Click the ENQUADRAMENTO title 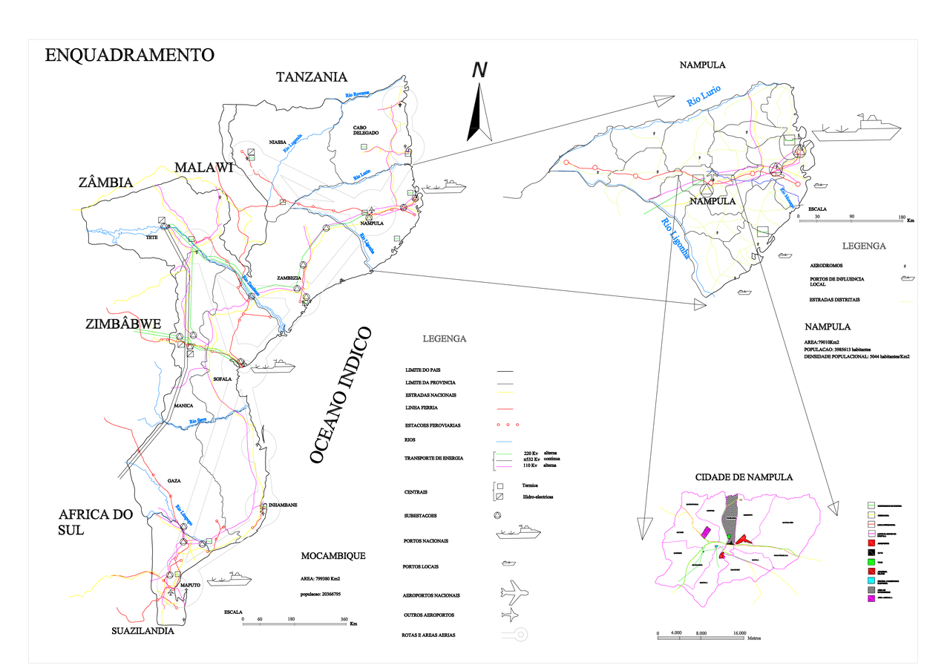(x=129, y=55)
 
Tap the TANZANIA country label (x=312, y=77)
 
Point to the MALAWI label (x=204, y=168)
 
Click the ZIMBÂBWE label (x=124, y=325)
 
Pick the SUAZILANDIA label (x=142, y=631)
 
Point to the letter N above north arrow (x=479, y=70)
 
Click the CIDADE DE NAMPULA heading (x=744, y=477)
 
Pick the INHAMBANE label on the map (x=282, y=505)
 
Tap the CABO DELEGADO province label (x=366, y=130)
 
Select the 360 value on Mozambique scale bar (x=344, y=619)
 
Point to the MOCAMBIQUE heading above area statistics (x=333, y=556)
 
